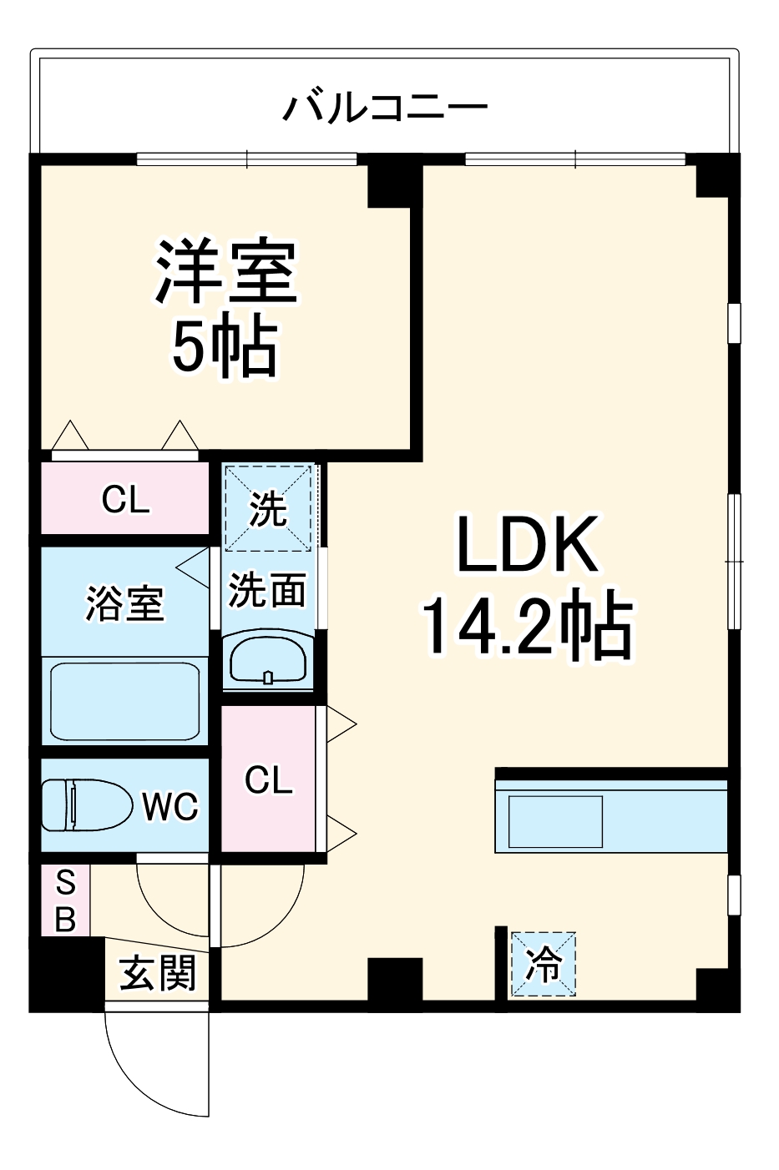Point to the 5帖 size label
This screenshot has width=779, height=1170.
[224, 347]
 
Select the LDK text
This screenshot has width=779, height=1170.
[527, 545]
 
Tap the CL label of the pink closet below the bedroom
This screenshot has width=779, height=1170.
[125, 500]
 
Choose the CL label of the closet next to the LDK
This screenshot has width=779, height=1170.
[268, 780]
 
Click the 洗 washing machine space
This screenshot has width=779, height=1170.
[268, 508]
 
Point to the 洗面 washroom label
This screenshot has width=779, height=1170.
[267, 591]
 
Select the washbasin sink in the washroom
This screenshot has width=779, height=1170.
[267, 661]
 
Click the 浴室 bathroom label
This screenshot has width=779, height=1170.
[124, 603]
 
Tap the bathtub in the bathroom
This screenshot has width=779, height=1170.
[124, 701]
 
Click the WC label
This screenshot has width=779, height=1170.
[169, 806]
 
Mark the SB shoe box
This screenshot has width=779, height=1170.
[65, 900]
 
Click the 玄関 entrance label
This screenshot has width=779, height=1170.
[158, 973]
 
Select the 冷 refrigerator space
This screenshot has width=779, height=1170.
[544, 965]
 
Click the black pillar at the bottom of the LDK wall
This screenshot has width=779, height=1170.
[395, 979]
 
